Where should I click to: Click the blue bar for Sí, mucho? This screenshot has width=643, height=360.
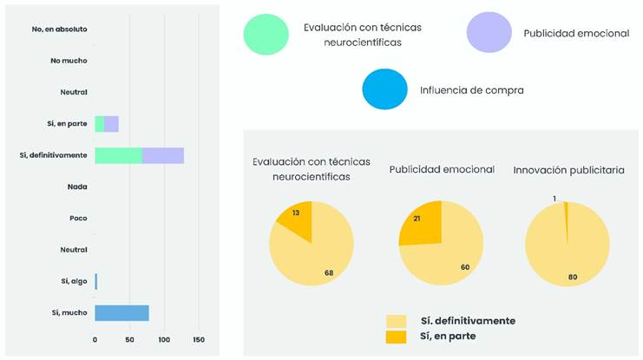coord(121,313)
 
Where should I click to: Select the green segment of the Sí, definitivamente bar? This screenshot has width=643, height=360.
coord(118,155)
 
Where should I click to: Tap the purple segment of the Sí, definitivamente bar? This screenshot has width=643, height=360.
coord(163,155)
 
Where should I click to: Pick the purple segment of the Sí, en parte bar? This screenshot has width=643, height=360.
coord(112,124)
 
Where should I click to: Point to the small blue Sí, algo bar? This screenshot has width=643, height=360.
coord(96,281)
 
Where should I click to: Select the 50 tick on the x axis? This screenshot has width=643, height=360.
coord(129,340)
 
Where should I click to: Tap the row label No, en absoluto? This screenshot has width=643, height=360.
coord(59,29)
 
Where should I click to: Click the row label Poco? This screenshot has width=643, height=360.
coord(77,219)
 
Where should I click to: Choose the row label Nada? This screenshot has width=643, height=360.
coord(76,187)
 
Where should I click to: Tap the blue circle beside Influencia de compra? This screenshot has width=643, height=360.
coord(384,89)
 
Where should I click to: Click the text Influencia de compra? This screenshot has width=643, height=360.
coord(471,90)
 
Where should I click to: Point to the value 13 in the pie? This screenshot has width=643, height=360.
coord(296,213)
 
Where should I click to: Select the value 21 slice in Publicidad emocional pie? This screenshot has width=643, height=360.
coord(420,222)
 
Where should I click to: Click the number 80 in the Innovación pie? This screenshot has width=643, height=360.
coord(572,277)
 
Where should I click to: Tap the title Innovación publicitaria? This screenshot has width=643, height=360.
coord(568,170)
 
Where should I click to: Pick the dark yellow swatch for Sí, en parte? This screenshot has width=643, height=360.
coord(397,336)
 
